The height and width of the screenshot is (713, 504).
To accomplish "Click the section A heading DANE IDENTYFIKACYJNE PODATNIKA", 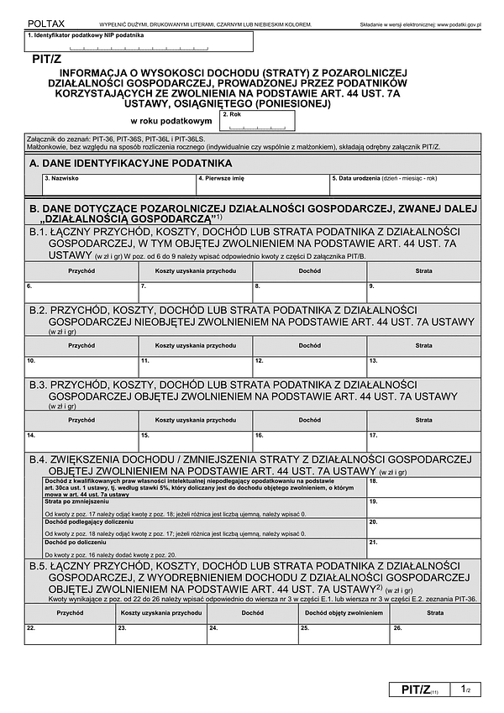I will coord(131,164).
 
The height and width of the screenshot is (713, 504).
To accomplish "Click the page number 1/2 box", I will coord(465,689).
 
